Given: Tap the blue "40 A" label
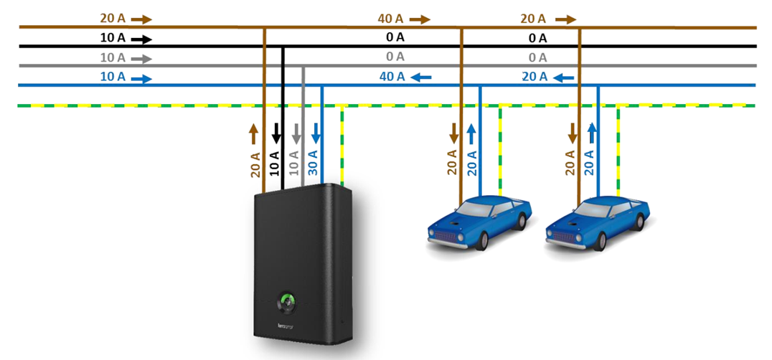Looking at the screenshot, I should pos(391,75).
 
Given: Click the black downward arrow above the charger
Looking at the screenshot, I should pos(276,132).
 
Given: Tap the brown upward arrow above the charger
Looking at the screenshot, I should pos(253,132).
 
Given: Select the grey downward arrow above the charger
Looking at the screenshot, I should pos(296,132).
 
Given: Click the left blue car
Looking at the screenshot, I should pos(479,222).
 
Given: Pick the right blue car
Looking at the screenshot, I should pos(597,222).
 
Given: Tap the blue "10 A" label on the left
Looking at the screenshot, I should pos(113,77).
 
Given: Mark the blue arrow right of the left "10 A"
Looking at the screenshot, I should pos(141,77).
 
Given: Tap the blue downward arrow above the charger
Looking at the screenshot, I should pos(316,132).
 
